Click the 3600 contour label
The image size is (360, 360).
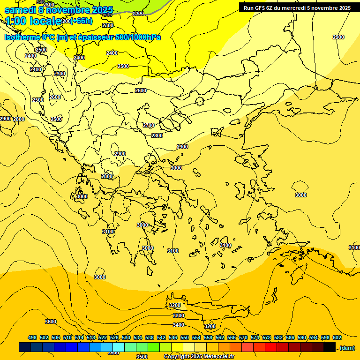51,322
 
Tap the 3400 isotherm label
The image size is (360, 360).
179,325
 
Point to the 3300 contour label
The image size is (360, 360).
179,315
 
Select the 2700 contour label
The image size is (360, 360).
149,125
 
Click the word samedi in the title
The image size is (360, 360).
20,10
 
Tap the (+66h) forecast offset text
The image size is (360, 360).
82,21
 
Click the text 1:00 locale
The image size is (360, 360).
33,21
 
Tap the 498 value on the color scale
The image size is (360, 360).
32,337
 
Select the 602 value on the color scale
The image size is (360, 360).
337,337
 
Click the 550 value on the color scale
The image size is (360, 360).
185,337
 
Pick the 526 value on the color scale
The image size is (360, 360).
114,337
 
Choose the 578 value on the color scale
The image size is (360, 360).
267,337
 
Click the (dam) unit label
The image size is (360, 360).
347,347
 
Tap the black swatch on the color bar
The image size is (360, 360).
330,347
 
